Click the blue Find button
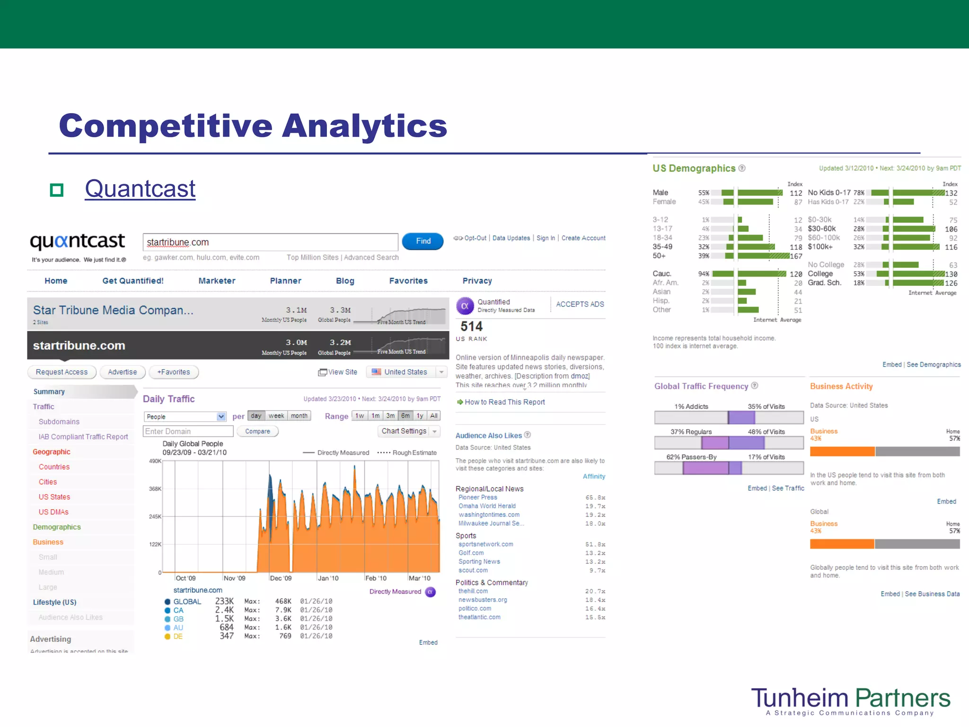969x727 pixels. pyautogui.click(x=423, y=241)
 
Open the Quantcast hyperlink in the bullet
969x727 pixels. pyautogui.click(x=140, y=189)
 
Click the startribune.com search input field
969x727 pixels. pyautogui.click(x=270, y=242)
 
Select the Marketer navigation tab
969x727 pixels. pyautogui.click(x=217, y=281)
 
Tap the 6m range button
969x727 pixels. pyautogui.click(x=405, y=416)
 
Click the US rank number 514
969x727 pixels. pyautogui.click(x=471, y=327)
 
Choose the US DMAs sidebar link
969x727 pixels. pyautogui.click(x=53, y=512)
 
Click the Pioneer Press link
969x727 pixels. pyautogui.click(x=477, y=497)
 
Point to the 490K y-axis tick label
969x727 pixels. pyautogui.click(x=155, y=461)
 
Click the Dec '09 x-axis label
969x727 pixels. pyautogui.click(x=281, y=578)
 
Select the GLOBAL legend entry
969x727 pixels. pyautogui.click(x=187, y=602)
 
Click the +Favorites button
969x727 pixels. pyautogui.click(x=174, y=372)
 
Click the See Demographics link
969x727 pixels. pyautogui.click(x=934, y=364)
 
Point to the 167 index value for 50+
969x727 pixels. pyautogui.click(x=796, y=256)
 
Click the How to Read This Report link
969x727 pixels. pyautogui.click(x=504, y=402)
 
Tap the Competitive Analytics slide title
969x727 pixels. pyautogui.click(x=253, y=126)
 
